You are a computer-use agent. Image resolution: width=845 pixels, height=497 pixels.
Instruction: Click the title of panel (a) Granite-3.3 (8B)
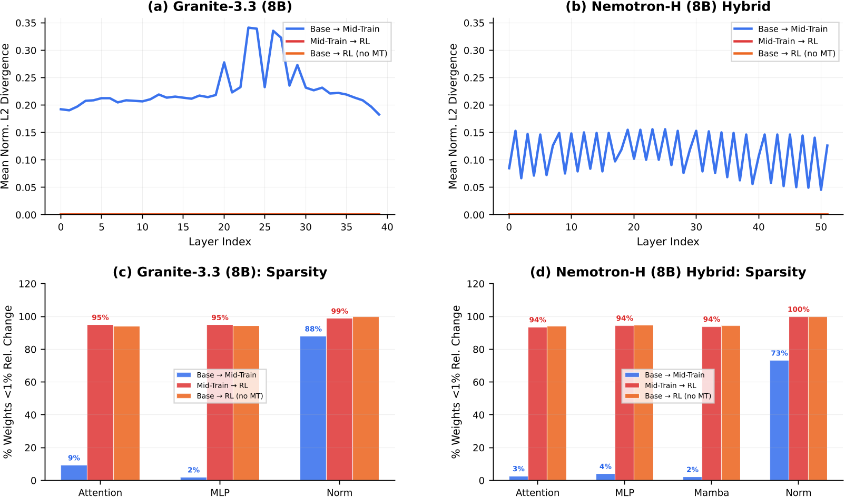220,7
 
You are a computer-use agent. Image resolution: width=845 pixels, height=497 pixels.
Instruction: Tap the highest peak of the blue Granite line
249,28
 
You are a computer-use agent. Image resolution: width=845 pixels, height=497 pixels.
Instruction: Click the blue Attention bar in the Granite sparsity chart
74,472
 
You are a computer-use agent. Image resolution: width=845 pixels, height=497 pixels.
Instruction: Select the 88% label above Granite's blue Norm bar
313,329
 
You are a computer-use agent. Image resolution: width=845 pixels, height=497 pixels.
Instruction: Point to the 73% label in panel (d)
779,353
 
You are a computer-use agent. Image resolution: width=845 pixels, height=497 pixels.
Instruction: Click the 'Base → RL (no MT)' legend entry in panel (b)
796,53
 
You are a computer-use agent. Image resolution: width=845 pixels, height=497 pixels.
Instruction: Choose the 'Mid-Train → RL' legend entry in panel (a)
339,41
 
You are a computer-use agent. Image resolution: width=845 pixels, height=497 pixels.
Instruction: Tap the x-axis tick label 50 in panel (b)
821,227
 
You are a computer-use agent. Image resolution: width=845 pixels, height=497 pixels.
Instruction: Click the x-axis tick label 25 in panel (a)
264,227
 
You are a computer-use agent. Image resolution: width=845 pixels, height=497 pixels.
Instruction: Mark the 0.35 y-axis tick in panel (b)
474,23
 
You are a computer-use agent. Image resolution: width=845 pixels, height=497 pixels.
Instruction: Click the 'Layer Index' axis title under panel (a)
220,242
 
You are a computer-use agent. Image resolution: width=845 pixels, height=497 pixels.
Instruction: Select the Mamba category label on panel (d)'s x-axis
711,492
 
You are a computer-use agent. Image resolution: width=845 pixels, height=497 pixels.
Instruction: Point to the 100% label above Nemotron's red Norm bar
798,310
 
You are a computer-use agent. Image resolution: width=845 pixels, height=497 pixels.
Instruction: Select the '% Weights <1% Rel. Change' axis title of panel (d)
456,382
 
